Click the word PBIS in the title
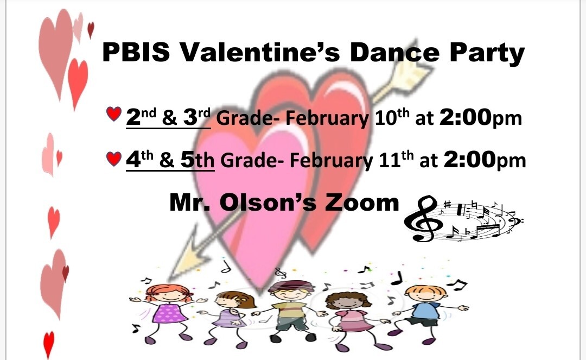click(x=136, y=52)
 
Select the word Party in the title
click(x=487, y=53)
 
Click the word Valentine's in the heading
click(x=260, y=52)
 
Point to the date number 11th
click(x=396, y=160)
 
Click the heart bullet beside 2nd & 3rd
click(x=113, y=113)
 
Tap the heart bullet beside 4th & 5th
click(x=113, y=159)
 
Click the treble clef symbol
click(x=423, y=219)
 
